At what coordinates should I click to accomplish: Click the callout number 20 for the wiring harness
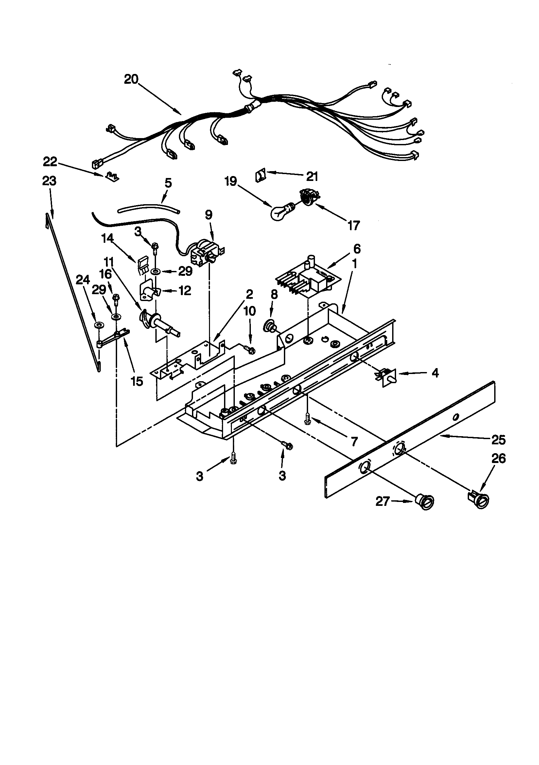[131, 79]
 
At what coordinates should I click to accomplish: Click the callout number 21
[312, 176]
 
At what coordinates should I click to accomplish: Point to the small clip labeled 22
[113, 176]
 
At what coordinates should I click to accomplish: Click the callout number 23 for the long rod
[49, 181]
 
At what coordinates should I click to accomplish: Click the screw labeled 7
[308, 419]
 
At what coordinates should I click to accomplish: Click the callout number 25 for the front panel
[498, 440]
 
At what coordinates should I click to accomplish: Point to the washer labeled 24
[98, 325]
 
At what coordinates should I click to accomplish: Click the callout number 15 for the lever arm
[137, 381]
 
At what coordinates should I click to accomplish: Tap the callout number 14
[108, 238]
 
